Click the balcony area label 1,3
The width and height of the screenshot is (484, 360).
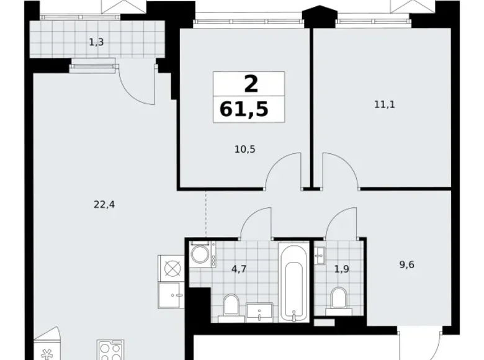[x=96, y=42]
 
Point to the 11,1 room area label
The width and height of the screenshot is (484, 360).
[x=384, y=104]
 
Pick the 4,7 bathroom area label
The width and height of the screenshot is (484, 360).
[x=239, y=269]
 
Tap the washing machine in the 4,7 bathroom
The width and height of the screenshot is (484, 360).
[x=202, y=255]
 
